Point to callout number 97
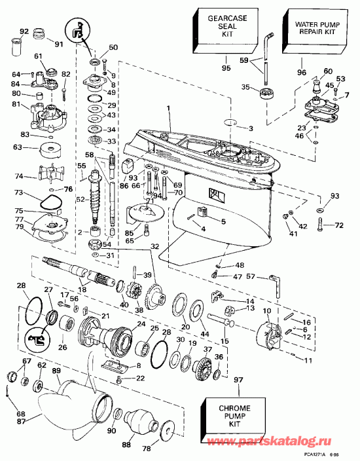point(219,380)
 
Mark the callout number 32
point(154,246)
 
